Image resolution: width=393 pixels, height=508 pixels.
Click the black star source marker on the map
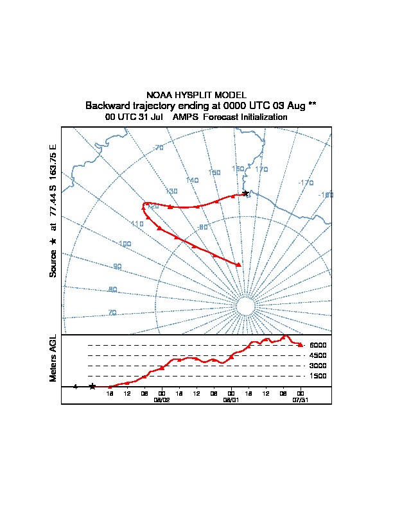245,193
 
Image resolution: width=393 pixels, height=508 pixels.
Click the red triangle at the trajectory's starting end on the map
239,264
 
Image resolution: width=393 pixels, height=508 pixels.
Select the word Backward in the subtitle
109,105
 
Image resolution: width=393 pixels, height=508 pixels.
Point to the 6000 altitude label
318,345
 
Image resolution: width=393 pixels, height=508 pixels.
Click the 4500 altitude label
318,355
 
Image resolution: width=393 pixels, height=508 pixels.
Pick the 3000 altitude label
318,366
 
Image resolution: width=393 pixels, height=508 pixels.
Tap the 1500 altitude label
318,376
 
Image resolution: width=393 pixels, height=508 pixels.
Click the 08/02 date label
161,399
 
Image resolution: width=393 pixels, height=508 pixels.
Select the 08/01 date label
231,399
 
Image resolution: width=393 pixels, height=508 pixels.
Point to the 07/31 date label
300,399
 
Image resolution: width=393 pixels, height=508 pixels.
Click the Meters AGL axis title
53,359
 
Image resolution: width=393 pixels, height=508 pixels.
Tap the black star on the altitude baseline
92,386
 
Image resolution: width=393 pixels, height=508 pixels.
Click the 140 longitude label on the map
192,180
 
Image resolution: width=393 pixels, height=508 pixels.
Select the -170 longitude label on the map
306,183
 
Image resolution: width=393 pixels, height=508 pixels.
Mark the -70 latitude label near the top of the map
159,148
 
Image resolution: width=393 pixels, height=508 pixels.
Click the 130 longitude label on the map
171,191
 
